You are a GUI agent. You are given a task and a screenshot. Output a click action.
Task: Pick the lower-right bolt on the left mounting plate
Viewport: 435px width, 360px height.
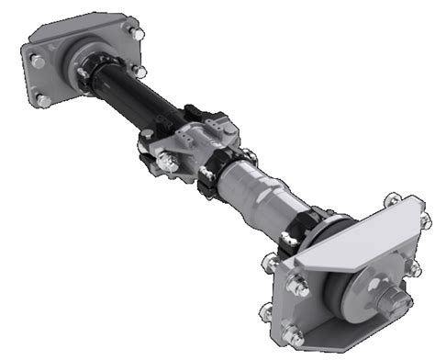139,71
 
